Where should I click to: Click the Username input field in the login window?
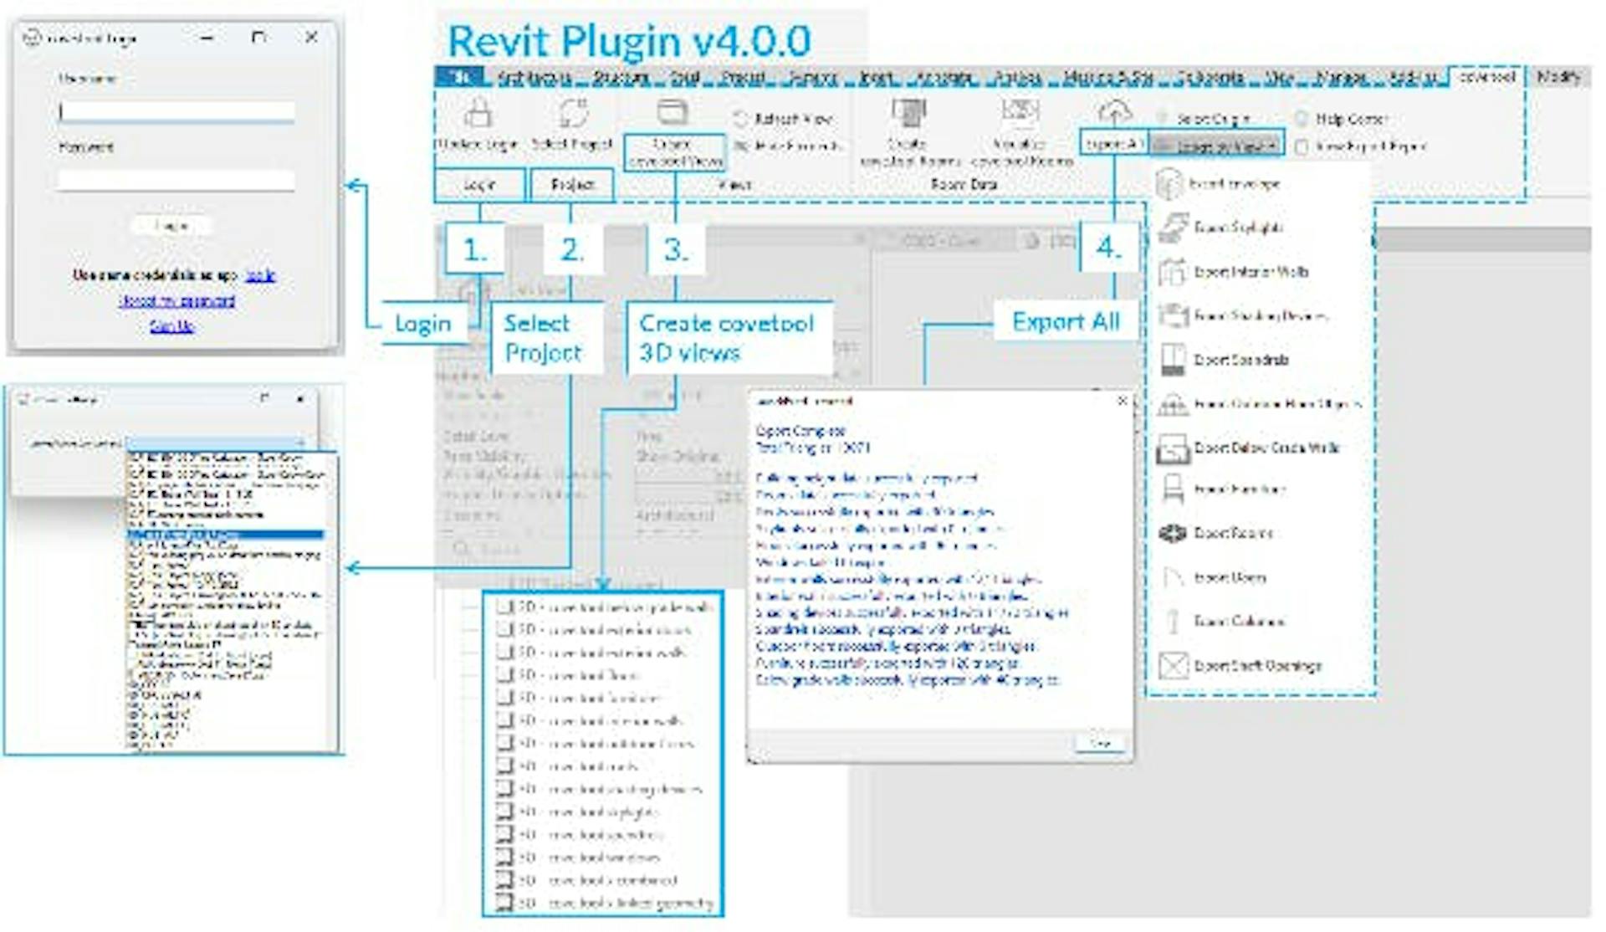tap(176, 112)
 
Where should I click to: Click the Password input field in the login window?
tap(176, 180)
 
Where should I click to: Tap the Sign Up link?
tap(171, 326)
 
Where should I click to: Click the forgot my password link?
tap(176, 300)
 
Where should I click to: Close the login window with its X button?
tap(311, 38)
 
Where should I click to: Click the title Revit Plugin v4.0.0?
tap(629, 41)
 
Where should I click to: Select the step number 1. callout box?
tap(474, 248)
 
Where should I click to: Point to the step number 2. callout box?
tap(572, 248)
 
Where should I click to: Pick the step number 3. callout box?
tap(675, 248)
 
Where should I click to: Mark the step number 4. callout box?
tap(1109, 247)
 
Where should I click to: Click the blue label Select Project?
tap(543, 337)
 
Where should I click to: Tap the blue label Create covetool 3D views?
tap(726, 337)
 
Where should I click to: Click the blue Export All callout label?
tap(1066, 321)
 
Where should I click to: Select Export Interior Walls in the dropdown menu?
tap(1251, 272)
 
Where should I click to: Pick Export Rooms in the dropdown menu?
tap(1233, 533)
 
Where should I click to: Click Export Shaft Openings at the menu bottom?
tap(1257, 666)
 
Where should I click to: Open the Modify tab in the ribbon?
tap(1558, 77)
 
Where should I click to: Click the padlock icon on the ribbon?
tap(478, 113)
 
